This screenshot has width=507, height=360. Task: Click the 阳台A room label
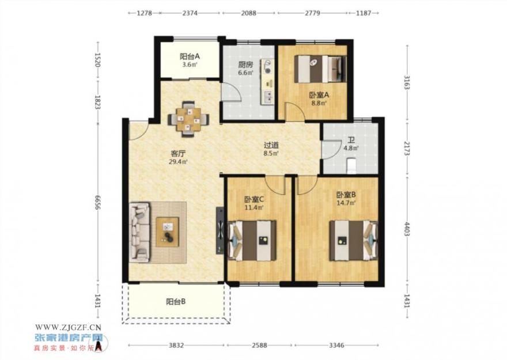[190, 56]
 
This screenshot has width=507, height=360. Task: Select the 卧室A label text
[319, 95]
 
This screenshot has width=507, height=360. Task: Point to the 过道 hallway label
[271, 146]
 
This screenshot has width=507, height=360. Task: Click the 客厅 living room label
[178, 153]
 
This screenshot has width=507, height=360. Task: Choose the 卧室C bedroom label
[254, 199]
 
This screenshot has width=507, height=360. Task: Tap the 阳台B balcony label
[176, 302]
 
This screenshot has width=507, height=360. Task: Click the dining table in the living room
[188, 119]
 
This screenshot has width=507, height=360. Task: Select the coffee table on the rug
[168, 232]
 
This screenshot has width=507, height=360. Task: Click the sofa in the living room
[139, 232]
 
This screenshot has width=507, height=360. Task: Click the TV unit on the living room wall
[220, 230]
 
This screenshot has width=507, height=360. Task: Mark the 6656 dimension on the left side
[97, 202]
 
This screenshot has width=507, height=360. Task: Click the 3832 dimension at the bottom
[176, 346]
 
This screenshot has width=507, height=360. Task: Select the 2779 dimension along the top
[313, 13]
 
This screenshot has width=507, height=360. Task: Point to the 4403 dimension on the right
[407, 229]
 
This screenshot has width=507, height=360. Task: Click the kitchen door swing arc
[236, 89]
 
